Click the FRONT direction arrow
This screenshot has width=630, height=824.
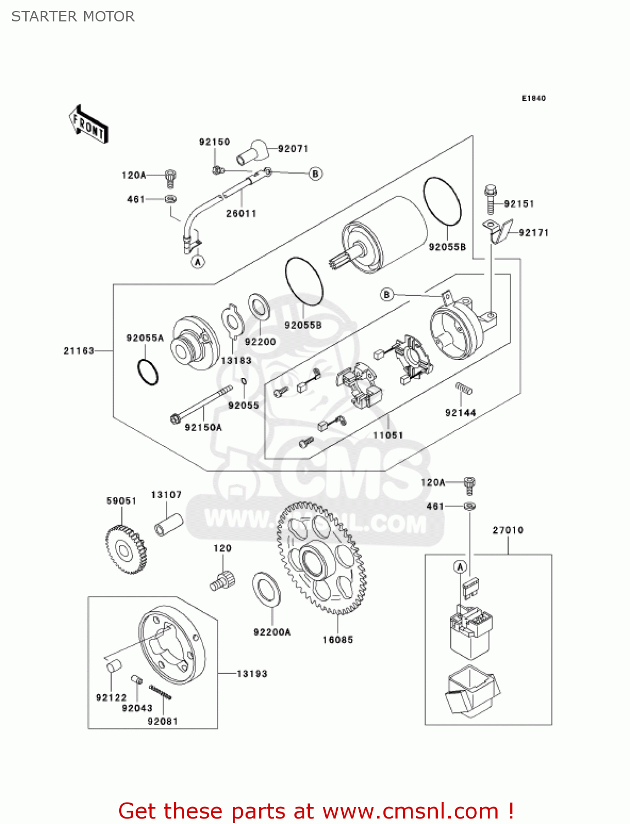coord(88,124)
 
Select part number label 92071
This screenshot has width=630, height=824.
coord(293,149)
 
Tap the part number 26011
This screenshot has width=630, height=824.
coord(241,213)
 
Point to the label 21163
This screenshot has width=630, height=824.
coord(79,350)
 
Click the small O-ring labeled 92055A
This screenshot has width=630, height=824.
coord(148,372)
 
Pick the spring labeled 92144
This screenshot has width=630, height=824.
coord(464,389)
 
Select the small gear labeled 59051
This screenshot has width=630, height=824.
coord(125,549)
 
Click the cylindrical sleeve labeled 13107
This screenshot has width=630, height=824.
coord(168,524)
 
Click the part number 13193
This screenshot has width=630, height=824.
coord(252,673)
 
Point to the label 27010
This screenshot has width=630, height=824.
coord(508,530)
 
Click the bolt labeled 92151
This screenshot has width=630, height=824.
coord(491,200)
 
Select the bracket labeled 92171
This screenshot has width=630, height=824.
coord(500,231)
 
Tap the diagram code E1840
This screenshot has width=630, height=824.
coord(533,98)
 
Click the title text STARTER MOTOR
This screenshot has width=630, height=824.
coord(73,16)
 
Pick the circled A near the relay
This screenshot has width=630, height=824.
coord(460,566)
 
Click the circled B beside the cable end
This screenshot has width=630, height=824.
coord(315,174)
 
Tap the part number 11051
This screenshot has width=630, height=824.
coord(388,435)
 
